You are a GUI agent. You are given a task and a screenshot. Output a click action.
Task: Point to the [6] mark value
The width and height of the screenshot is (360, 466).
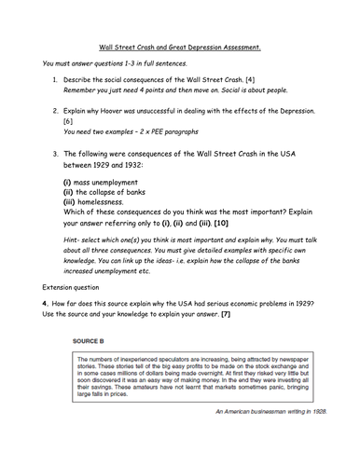pyautogui.click(x=68, y=122)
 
